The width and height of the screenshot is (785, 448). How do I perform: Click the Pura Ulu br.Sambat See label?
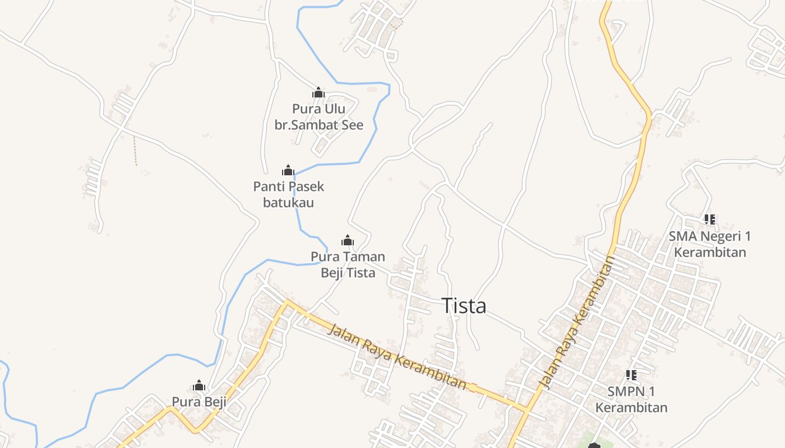coord(318,116)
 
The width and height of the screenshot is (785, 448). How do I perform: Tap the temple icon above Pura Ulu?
coord(318,92)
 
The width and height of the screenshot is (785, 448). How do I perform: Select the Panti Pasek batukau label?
coord(289,194)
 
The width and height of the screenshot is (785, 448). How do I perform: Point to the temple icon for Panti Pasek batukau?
coord(288,170)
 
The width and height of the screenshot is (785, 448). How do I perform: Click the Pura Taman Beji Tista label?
coord(348,264)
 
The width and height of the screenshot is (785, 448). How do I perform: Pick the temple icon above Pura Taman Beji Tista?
coord(348,241)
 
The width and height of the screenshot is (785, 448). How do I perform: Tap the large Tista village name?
coord(464,306)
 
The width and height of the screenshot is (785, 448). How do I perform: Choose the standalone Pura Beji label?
coord(198,402)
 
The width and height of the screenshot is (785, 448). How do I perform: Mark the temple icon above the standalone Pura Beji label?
coord(199,385)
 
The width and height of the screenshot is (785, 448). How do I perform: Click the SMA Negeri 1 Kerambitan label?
coord(710,244)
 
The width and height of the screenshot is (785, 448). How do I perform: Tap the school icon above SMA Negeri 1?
coord(710,220)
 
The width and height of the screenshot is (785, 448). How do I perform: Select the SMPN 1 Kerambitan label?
coord(631,399)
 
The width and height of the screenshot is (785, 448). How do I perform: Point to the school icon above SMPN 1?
coord(631,375)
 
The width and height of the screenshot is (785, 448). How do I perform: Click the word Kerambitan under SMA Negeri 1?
coord(710,252)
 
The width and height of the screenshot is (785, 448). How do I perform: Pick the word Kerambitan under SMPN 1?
coord(631,407)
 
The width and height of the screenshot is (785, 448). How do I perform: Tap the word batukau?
coord(289,202)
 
